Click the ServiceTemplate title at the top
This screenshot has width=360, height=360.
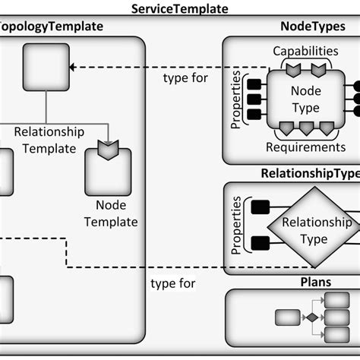point(180,8)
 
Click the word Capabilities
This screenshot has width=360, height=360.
point(305,51)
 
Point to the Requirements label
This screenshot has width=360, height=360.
point(305,147)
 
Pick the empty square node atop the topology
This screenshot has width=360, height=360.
point(46,67)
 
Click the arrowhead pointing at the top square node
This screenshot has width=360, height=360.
point(74,67)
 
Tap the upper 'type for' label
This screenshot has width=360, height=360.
point(185,78)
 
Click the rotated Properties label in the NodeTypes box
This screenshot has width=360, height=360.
point(235,99)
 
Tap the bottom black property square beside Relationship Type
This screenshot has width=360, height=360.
point(259,243)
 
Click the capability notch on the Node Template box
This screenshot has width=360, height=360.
point(108,145)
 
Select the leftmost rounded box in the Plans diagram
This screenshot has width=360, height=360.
point(288,317)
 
